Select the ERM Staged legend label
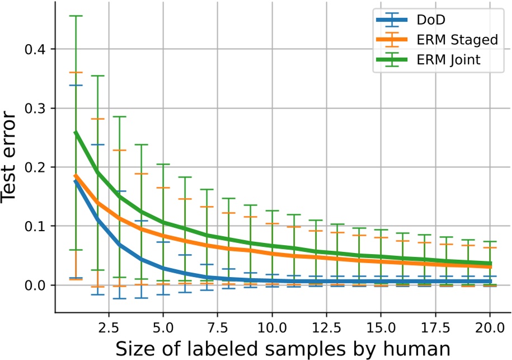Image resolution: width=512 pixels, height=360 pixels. coord(449,40)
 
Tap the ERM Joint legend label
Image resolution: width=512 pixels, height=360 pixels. coord(444,59)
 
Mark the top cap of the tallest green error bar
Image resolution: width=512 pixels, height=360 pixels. coord(76,16)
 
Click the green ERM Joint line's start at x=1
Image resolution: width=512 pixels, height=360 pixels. coord(76,133)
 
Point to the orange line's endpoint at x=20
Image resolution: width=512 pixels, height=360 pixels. coord(490,267)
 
